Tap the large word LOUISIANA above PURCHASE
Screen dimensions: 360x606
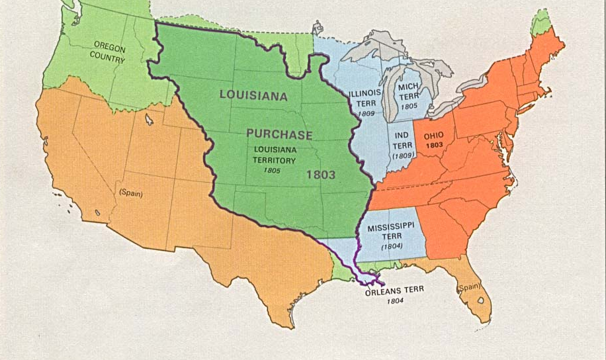[254, 95]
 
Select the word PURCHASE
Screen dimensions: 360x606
[279, 134]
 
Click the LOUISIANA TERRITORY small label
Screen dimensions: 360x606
[275, 155]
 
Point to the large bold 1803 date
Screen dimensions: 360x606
[321, 175]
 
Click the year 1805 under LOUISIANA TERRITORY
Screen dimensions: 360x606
[271, 171]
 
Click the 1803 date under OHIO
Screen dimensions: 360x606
[433, 144]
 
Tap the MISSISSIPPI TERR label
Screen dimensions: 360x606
[391, 232]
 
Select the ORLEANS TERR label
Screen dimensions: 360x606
[393, 290]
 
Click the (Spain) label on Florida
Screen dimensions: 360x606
[468, 289]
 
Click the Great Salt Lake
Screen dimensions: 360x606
[150, 120]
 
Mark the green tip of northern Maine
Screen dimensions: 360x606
[542, 22]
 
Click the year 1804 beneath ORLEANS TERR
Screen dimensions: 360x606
[395, 301]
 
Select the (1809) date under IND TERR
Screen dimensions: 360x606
[403, 156]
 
